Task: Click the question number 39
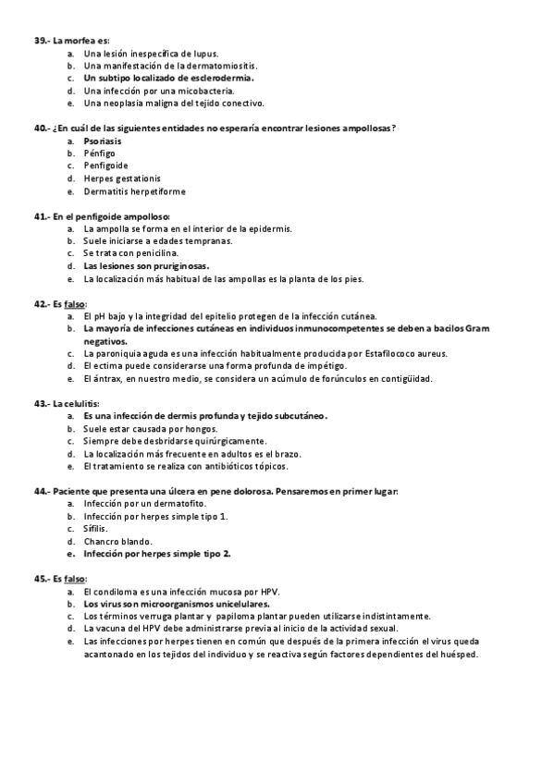click(x=42, y=41)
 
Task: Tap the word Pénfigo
click(x=97, y=153)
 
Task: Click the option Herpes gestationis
click(x=121, y=178)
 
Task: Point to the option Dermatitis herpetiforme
click(x=134, y=191)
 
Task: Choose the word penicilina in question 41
click(x=158, y=253)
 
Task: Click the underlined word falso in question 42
click(x=74, y=303)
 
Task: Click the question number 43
click(x=42, y=404)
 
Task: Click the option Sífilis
click(x=97, y=529)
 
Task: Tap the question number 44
click(x=42, y=491)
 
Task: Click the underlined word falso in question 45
click(x=74, y=579)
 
